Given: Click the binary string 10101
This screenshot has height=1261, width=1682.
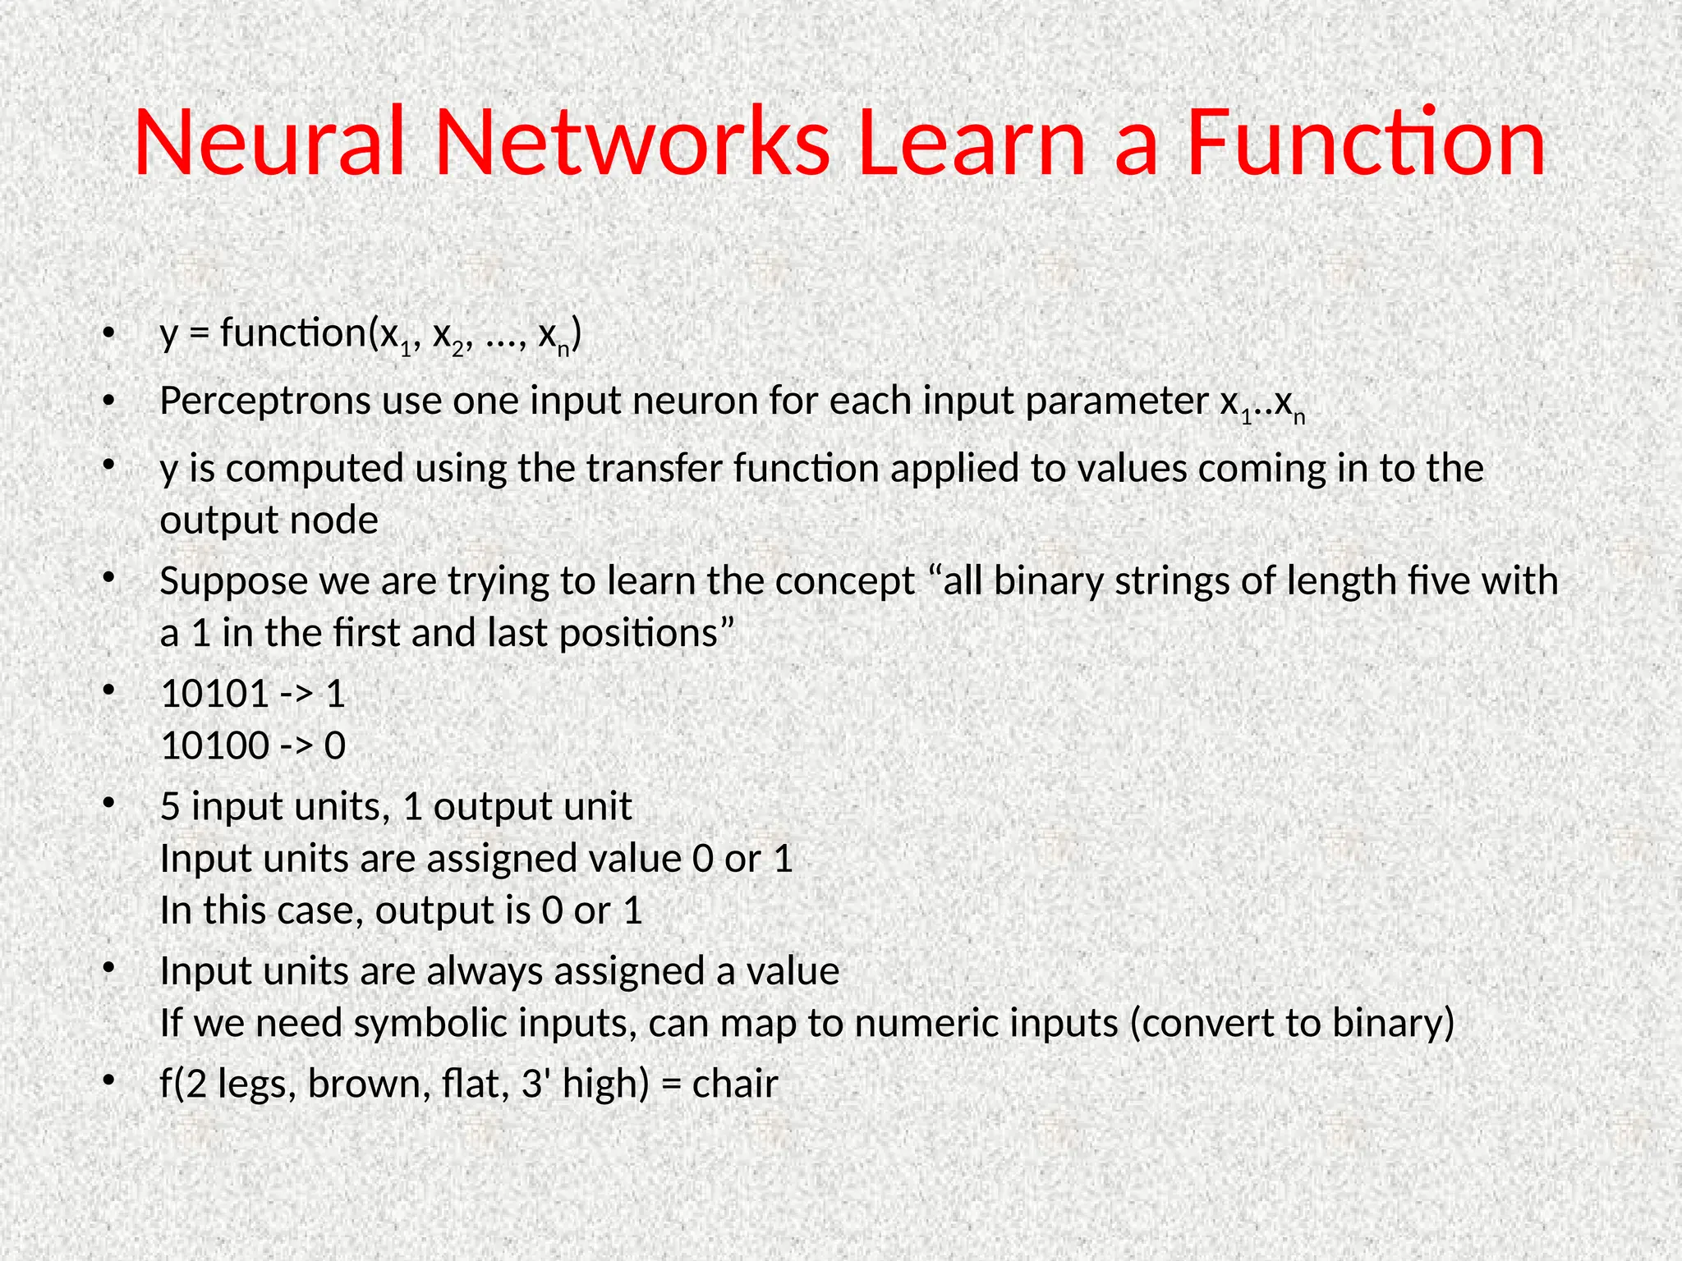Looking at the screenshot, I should coord(215,695).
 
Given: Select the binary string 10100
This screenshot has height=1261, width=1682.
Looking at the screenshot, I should coord(215,746).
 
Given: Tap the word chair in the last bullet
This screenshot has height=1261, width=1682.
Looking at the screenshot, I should coord(735,1084).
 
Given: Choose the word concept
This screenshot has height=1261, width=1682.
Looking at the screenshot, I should coord(844,582).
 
